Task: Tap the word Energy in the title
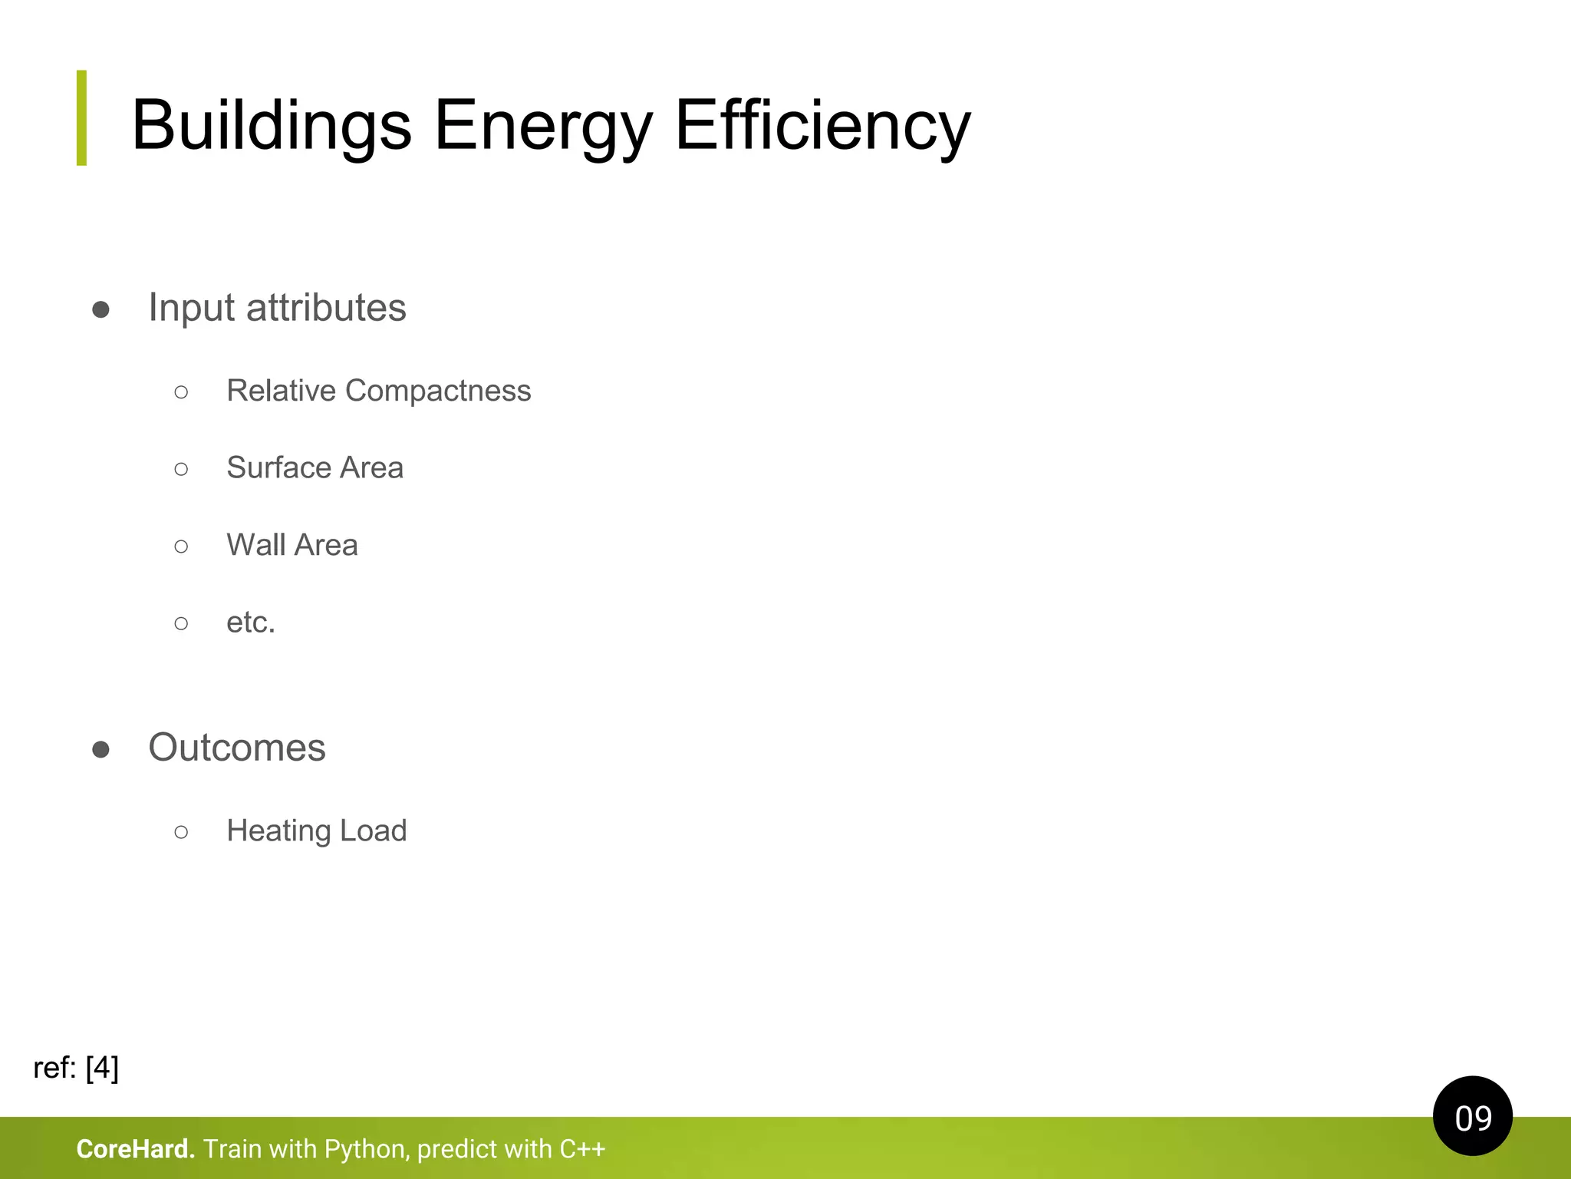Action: [x=543, y=125]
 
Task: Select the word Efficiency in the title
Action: [x=822, y=125]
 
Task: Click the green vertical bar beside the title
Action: [x=82, y=117]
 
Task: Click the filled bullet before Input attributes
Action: [x=100, y=309]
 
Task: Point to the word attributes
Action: [x=326, y=308]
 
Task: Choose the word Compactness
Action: [x=438, y=391]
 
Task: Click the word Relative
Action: [x=281, y=391]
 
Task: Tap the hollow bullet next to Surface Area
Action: [x=181, y=468]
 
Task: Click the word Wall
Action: [x=256, y=545]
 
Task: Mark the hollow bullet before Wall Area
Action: [x=181, y=546]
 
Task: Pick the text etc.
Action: [x=250, y=623]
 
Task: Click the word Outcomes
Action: [x=237, y=748]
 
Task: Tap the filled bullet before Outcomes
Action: [x=100, y=749]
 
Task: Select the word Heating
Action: [x=278, y=831]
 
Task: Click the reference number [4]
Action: [x=102, y=1068]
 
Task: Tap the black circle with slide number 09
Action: [x=1472, y=1116]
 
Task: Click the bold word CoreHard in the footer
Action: [x=135, y=1149]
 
